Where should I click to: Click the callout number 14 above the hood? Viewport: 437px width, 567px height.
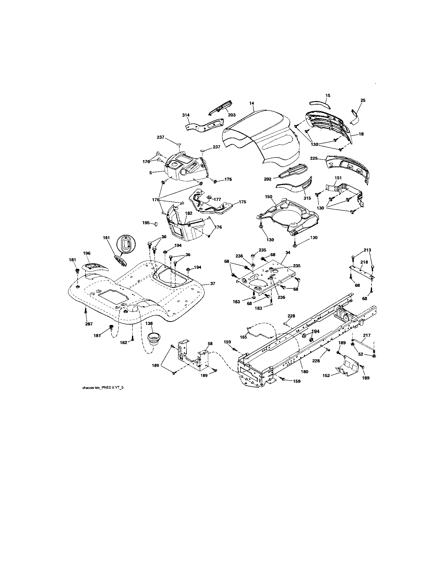251,103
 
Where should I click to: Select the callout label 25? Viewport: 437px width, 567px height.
363,100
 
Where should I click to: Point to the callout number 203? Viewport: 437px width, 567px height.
232,115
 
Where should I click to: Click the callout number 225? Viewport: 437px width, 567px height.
314,158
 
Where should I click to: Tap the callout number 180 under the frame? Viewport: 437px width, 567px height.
304,371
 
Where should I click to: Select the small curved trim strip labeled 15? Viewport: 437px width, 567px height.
320,103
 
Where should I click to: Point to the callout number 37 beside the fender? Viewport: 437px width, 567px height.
213,284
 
